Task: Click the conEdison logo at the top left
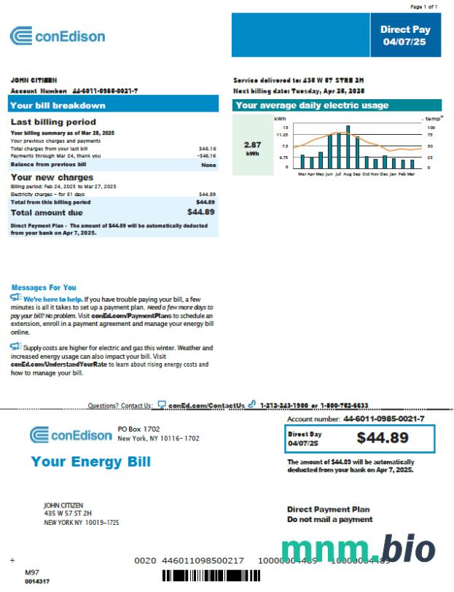pyautogui.click(x=58, y=36)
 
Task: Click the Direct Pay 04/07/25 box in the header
pyautogui.click(x=404, y=36)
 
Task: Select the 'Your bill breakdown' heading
pyautogui.click(x=58, y=105)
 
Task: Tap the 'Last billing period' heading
pyautogui.click(x=53, y=122)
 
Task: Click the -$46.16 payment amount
pyautogui.click(x=206, y=156)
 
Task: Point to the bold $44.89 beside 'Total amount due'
pyautogui.click(x=200, y=212)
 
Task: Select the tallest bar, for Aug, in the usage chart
pyautogui.click(x=348, y=147)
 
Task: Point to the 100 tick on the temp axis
pyautogui.click(x=430, y=127)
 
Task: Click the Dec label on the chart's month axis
pyautogui.click(x=383, y=175)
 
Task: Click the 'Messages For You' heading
pyautogui.click(x=44, y=287)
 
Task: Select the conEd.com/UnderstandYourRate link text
pyautogui.click(x=59, y=364)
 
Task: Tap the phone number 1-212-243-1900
pyautogui.click(x=289, y=405)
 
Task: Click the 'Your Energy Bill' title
pyautogui.click(x=90, y=461)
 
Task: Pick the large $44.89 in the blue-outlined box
pyautogui.click(x=383, y=437)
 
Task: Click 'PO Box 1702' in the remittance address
pyautogui.click(x=138, y=429)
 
